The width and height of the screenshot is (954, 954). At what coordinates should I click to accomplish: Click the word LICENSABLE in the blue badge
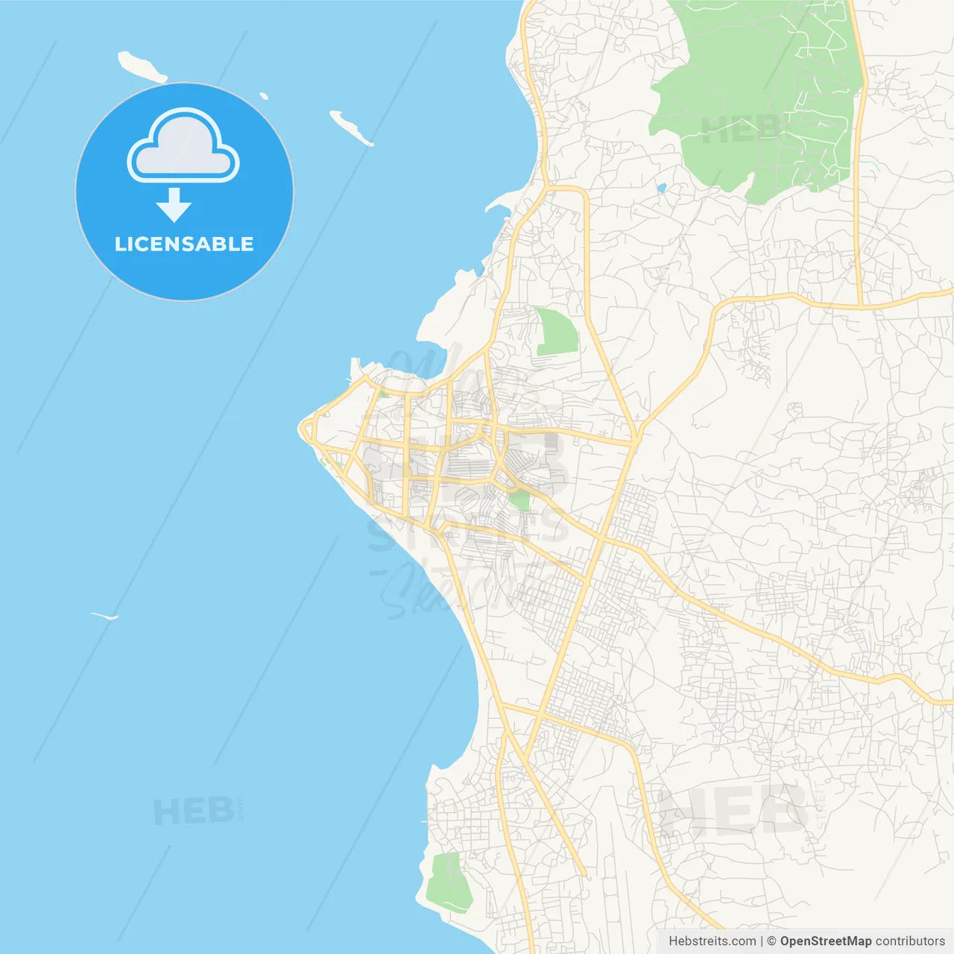pos(184,244)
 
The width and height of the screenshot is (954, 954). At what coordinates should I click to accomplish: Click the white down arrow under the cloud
pos(174,206)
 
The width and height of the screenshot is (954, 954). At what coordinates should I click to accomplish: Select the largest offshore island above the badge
pos(142,67)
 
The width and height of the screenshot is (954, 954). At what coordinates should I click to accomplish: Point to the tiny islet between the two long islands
pos(264,95)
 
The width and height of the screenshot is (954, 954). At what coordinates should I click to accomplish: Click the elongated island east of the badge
pos(350,127)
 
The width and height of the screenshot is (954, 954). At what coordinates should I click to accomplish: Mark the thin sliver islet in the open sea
pos(104,616)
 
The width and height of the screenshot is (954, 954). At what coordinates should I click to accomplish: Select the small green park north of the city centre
pos(556,331)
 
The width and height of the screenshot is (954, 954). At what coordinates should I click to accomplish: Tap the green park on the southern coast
pos(449,883)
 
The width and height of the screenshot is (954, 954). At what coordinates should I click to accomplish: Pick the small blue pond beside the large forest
pos(661,188)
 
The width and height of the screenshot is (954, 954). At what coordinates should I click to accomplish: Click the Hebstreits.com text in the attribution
pos(713,941)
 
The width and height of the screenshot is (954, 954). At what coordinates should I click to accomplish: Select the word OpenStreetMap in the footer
pos(825,941)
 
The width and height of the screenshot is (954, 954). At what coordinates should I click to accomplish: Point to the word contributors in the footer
pos(910,941)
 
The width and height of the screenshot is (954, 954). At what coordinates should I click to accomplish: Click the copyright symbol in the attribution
pos(771,941)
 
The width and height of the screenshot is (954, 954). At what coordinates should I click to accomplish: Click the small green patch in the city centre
pos(519,500)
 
